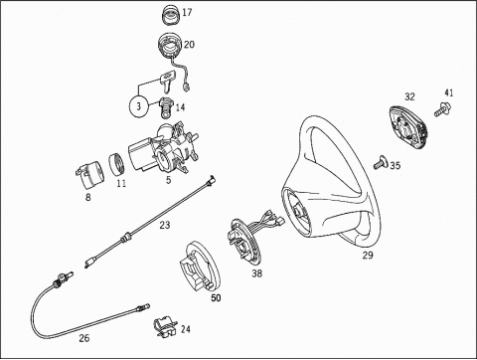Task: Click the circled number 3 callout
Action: pos(139,106)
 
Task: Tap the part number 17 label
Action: pos(187,12)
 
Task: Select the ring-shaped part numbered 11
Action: pos(116,164)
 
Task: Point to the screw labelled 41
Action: pos(443,110)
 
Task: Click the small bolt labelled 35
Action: pos(381,162)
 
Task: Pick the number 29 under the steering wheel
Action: pos(368,256)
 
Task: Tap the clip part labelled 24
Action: pos(166,327)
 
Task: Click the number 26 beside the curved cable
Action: pos(84,338)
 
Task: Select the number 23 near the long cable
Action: pos(165,225)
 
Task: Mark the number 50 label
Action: pos(216,298)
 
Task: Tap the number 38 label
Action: pos(256,273)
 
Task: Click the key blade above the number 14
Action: pos(167,82)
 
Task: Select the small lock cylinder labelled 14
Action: pos(166,106)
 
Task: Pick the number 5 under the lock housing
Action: pos(169,180)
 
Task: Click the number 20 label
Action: pos(189,45)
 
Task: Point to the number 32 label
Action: pos(409,96)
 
